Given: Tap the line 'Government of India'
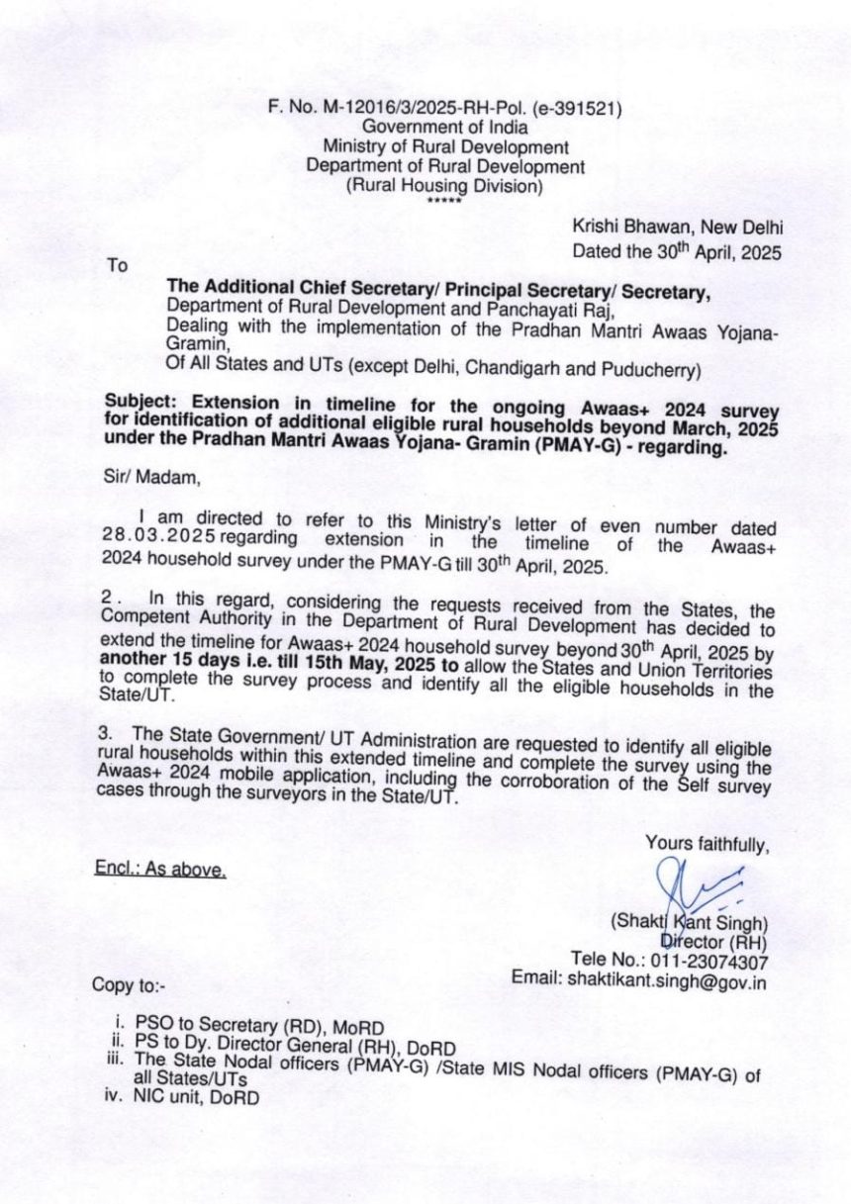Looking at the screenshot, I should [444, 128].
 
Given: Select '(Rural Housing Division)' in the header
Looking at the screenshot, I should [444, 186].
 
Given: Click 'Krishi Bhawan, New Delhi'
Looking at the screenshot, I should [678, 228].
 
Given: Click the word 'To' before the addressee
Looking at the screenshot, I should [118, 265].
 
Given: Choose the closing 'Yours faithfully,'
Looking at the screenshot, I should [708, 844].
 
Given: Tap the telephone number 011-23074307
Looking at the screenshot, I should [709, 959].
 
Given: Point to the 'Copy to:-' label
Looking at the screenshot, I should [130, 985].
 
